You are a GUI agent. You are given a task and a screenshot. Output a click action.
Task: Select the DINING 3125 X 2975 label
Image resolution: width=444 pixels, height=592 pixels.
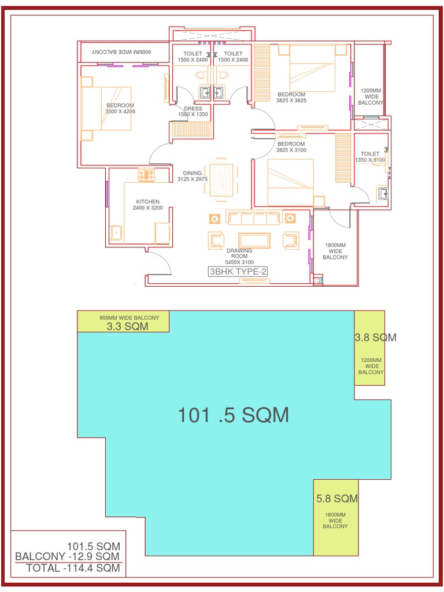point(193,176)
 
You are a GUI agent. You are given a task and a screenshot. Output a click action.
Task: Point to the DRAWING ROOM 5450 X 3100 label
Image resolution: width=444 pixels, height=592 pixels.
point(239,256)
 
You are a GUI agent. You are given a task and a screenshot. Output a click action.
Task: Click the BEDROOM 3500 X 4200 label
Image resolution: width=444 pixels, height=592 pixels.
point(120,108)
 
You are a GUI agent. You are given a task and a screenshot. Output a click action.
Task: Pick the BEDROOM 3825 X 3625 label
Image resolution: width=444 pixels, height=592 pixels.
point(291,97)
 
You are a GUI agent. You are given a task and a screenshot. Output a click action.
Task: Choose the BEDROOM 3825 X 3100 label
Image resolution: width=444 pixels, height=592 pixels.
point(291,147)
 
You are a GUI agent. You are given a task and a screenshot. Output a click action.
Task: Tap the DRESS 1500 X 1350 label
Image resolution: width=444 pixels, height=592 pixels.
point(193,112)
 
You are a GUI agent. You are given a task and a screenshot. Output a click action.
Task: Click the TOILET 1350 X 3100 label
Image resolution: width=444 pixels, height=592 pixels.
point(370,157)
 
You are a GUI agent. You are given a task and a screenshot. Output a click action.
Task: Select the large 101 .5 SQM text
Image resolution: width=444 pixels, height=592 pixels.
point(233,415)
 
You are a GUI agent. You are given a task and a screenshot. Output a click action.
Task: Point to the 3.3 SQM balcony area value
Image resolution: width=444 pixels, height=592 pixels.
point(127,327)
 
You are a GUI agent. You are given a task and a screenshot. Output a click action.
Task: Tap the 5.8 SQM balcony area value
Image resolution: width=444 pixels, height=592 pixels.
point(337,498)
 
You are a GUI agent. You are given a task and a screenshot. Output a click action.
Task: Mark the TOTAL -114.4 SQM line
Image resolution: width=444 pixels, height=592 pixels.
point(73,568)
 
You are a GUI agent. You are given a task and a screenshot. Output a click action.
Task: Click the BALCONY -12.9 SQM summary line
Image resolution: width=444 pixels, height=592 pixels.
point(68,556)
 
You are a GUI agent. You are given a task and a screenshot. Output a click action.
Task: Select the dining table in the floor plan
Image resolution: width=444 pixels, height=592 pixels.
point(221,179)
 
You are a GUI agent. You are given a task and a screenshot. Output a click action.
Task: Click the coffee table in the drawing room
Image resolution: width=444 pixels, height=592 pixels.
point(254,240)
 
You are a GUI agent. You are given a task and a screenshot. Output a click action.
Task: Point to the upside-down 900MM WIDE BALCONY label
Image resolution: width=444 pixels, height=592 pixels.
point(121,53)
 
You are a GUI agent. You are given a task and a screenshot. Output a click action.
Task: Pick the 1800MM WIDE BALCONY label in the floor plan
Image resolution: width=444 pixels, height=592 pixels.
point(335,251)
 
